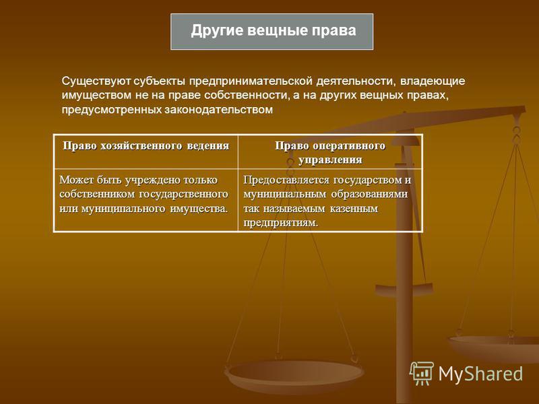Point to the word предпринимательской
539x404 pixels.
tap(251, 81)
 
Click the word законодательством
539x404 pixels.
tap(218, 110)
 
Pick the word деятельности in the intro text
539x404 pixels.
tap(356, 81)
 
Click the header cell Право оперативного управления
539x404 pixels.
tap(330, 152)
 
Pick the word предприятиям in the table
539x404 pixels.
tap(281, 223)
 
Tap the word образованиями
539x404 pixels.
tap(369, 194)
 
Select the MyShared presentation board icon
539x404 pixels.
tap(422, 373)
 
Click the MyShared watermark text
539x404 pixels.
tap(480, 374)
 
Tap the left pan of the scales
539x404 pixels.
tap(294, 374)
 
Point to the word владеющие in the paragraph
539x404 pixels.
tap(433, 81)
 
